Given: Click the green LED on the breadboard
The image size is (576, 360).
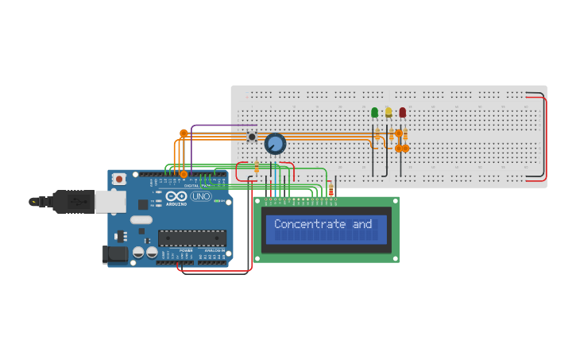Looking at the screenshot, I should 375,113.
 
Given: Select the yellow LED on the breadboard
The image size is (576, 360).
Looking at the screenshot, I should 389,113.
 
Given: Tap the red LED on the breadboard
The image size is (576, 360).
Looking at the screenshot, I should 403,113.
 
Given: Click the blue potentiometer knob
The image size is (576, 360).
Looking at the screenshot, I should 275,144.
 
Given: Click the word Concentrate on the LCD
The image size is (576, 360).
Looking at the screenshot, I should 311,224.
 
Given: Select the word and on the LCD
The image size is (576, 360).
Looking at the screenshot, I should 363,224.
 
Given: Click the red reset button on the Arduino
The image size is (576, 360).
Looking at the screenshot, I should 119,180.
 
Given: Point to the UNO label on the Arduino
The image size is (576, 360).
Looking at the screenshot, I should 201,196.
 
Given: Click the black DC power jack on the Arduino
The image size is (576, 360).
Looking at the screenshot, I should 115,254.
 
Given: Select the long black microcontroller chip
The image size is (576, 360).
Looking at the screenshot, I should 191,238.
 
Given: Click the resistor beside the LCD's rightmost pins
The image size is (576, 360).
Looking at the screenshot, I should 331,189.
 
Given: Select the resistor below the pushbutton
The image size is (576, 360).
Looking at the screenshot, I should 257,167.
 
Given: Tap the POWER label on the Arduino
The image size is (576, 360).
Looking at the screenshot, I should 186,250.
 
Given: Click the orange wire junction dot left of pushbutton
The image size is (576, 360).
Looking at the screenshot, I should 184,134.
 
